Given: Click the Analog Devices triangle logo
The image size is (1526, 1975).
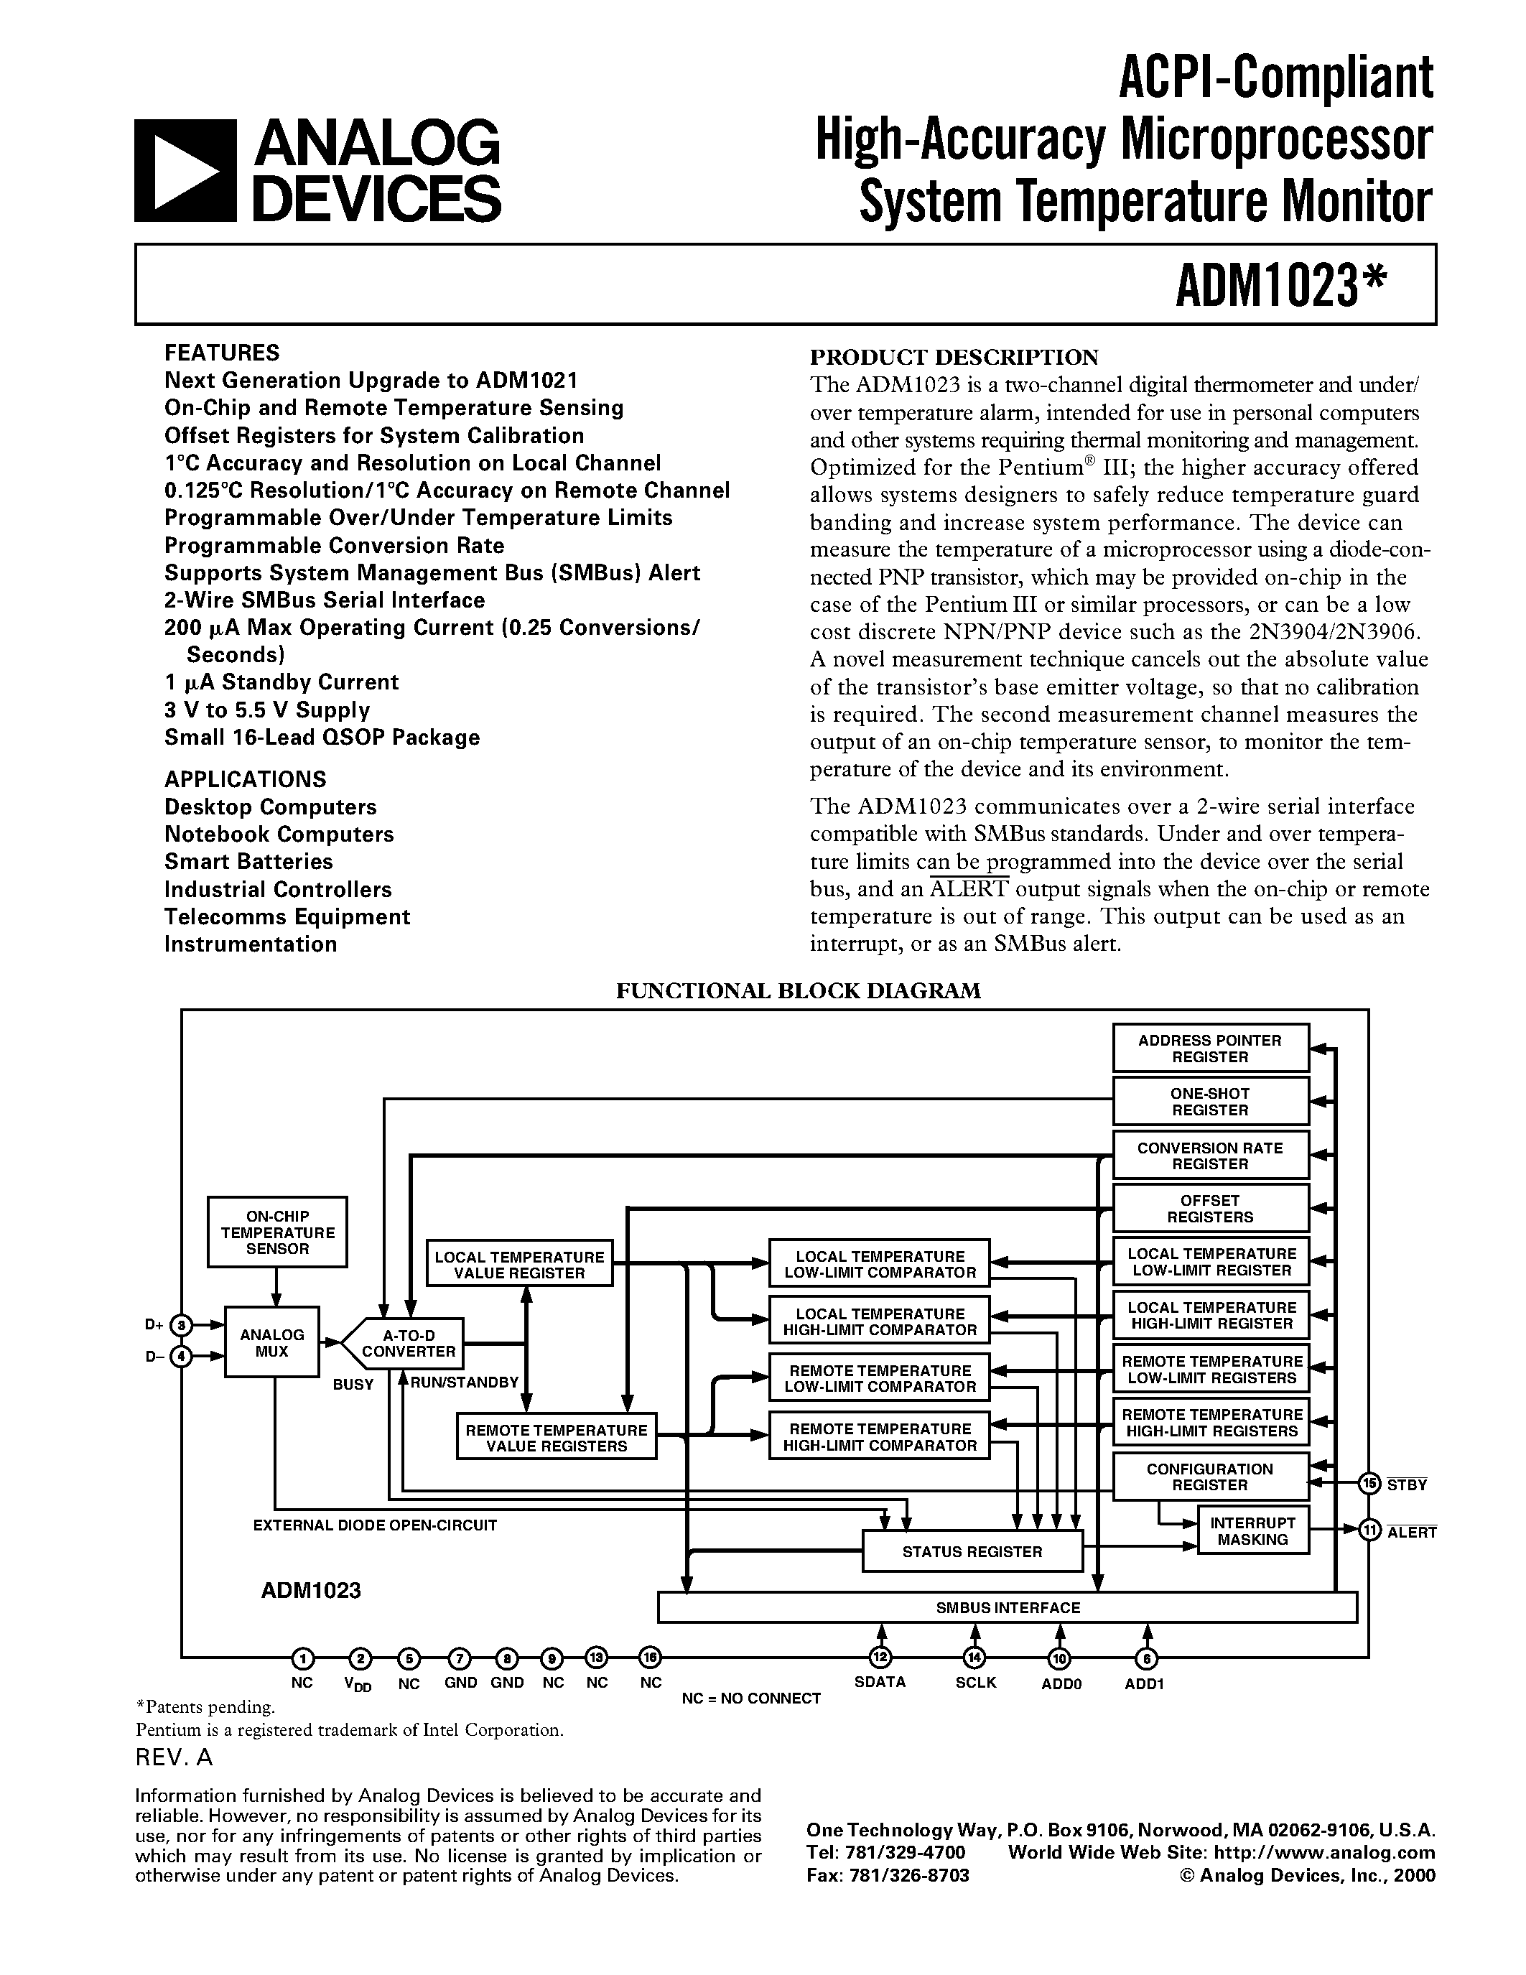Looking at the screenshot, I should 185,171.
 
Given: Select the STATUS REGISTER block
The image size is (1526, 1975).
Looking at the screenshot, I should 972,1552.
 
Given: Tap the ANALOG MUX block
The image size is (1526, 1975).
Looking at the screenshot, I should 271,1343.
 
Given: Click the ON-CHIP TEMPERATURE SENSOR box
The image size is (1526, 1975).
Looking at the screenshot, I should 277,1232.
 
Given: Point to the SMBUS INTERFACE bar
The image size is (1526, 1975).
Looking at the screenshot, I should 1007,1608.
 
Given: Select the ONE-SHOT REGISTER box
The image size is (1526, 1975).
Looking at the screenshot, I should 1209,1102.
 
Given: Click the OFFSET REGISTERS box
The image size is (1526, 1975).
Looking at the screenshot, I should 1209,1208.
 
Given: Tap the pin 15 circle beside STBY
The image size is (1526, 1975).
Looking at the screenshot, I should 1370,1482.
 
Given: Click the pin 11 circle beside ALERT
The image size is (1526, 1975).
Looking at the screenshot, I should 1370,1530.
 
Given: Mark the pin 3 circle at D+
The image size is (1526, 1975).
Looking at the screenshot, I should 182,1326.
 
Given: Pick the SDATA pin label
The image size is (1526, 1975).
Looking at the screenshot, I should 880,1683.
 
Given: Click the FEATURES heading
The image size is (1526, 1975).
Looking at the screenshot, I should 221,353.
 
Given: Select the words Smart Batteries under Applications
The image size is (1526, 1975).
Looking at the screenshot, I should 248,862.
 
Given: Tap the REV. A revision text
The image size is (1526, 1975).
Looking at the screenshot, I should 174,1757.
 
